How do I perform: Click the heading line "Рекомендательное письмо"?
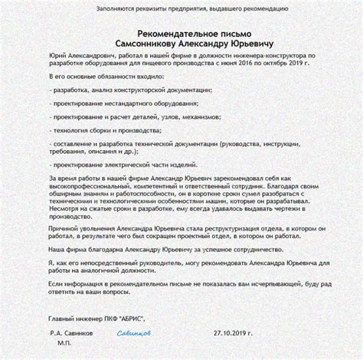pyautogui.click(x=181, y=34)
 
